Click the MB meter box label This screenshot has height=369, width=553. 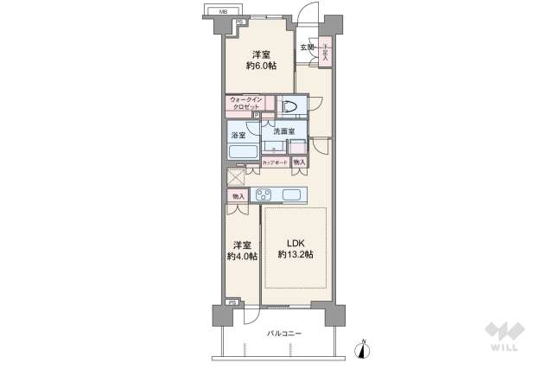point(223,11)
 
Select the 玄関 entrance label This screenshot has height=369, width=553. point(307,48)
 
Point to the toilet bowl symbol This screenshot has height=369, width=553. point(290,106)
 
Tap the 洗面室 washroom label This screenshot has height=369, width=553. point(284,132)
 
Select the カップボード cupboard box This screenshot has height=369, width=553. point(275,162)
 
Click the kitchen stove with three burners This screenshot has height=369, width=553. point(264,194)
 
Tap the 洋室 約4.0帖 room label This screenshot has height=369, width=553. point(240,251)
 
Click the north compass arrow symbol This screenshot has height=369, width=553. point(363,348)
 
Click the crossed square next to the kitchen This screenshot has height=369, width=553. point(235,176)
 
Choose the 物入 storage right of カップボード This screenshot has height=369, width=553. point(299,162)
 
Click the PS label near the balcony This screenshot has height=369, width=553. point(231,302)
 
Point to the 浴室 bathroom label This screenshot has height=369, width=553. point(238,135)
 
